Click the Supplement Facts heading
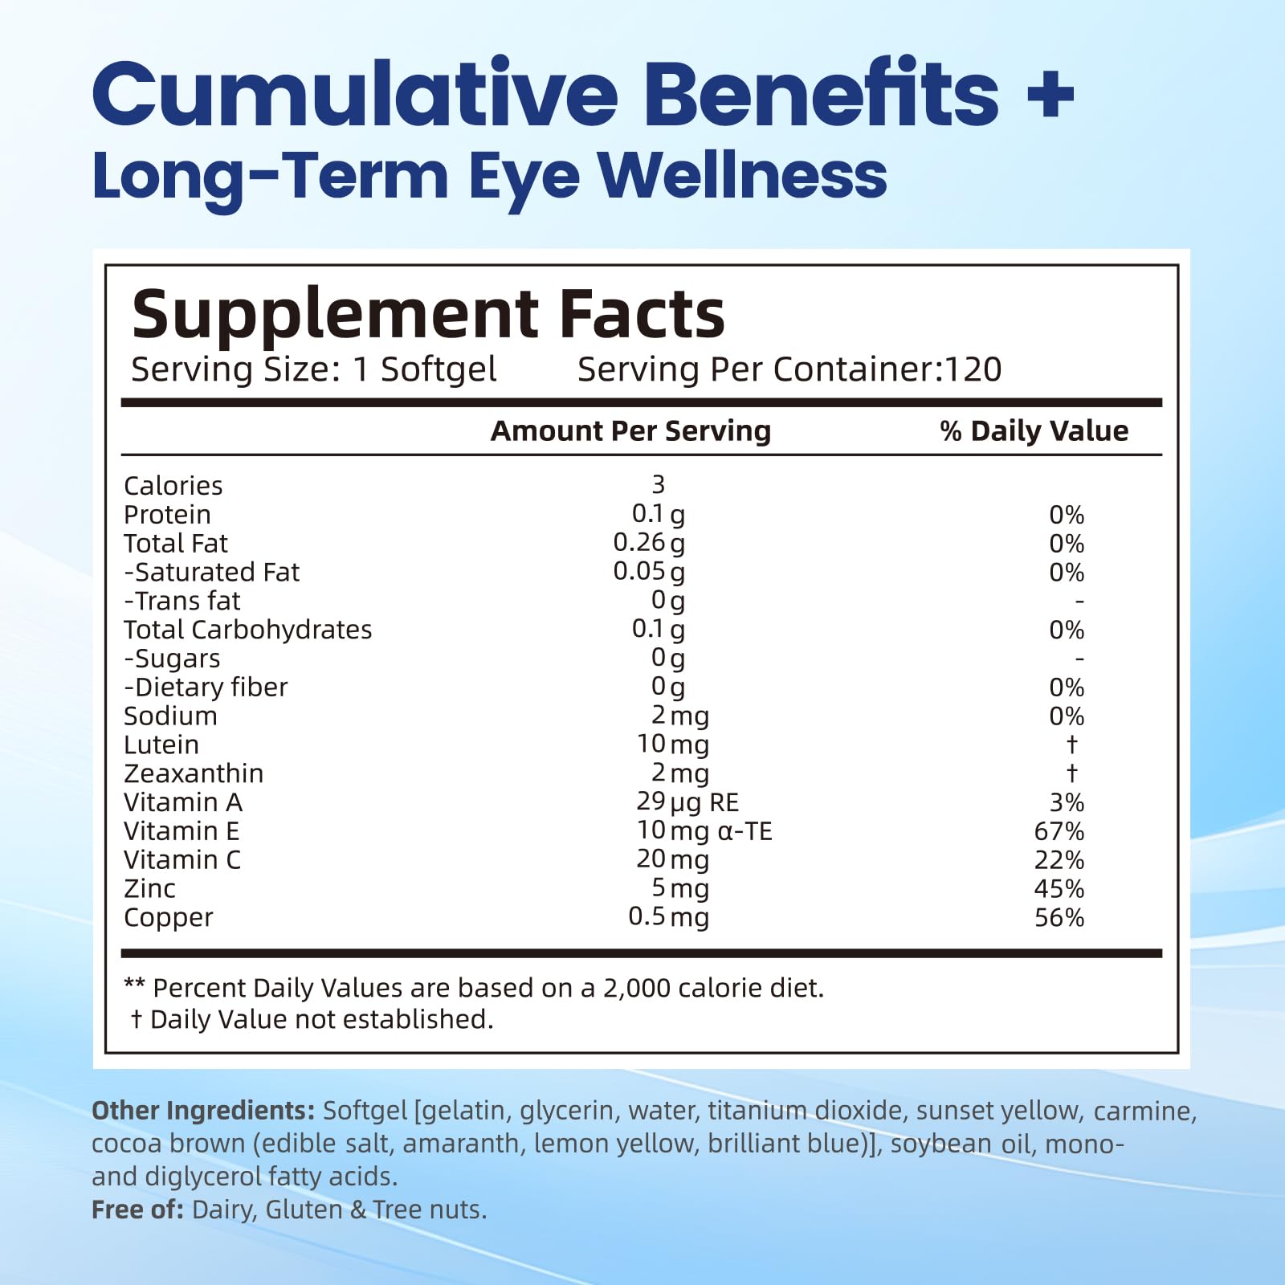428,314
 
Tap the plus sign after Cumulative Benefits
1049,96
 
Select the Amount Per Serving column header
630,431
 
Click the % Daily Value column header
1034,431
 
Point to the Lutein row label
161,744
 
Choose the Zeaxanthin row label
194,773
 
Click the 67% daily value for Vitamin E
1059,831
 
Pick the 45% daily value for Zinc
1059,889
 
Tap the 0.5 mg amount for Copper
668,917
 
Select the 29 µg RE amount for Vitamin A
687,802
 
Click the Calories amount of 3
659,484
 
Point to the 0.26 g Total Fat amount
649,543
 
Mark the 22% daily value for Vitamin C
1059,860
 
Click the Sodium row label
170,716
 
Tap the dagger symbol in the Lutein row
1071,744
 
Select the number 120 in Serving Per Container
973,369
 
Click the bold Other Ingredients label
202,1111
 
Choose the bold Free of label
137,1210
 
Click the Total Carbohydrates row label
247,630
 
